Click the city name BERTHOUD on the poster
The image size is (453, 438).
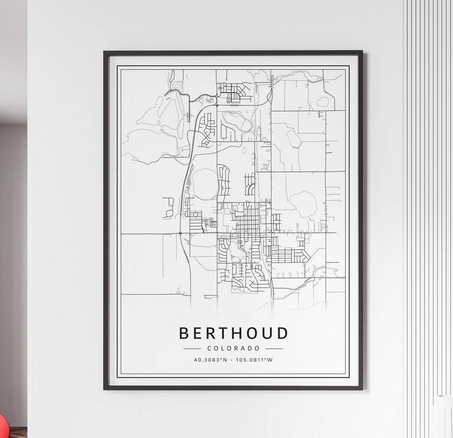pyautogui.click(x=234, y=333)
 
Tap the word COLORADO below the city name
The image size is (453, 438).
pyautogui.click(x=233, y=348)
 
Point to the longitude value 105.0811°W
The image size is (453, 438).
pyautogui.click(x=254, y=360)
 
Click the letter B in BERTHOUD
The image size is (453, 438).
pyautogui.click(x=184, y=333)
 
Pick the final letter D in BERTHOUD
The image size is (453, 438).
pyautogui.click(x=283, y=333)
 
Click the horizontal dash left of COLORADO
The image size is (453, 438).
pyautogui.click(x=192, y=348)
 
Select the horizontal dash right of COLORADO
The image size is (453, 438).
pyautogui.click(x=274, y=348)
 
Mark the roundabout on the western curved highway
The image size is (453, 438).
pyautogui.click(x=180, y=233)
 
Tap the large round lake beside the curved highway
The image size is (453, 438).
pyautogui.click(x=205, y=183)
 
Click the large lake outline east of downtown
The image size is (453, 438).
pyautogui.click(x=303, y=204)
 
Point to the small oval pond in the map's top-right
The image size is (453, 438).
pyautogui.click(x=323, y=102)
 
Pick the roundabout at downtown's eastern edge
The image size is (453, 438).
pyautogui.click(x=271, y=231)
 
